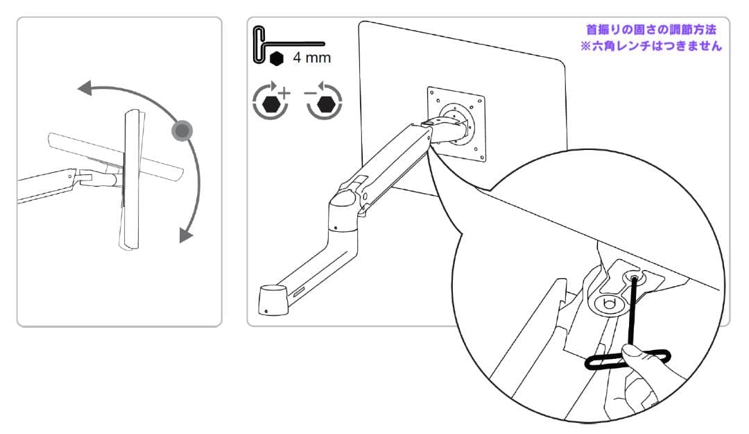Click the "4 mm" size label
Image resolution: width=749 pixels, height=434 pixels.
point(311,58)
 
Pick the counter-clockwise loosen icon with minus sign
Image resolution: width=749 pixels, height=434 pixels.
point(325,101)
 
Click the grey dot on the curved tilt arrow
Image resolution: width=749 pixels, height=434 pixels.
point(182,130)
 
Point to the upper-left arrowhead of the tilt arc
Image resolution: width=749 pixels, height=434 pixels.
point(85,88)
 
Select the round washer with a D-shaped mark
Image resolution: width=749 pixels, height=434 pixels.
point(607,303)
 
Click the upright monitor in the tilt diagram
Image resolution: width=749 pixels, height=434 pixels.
point(130,178)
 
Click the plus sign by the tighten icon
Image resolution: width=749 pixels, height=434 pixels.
point(284,92)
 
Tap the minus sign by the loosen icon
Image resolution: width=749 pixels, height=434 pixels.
point(309,92)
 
